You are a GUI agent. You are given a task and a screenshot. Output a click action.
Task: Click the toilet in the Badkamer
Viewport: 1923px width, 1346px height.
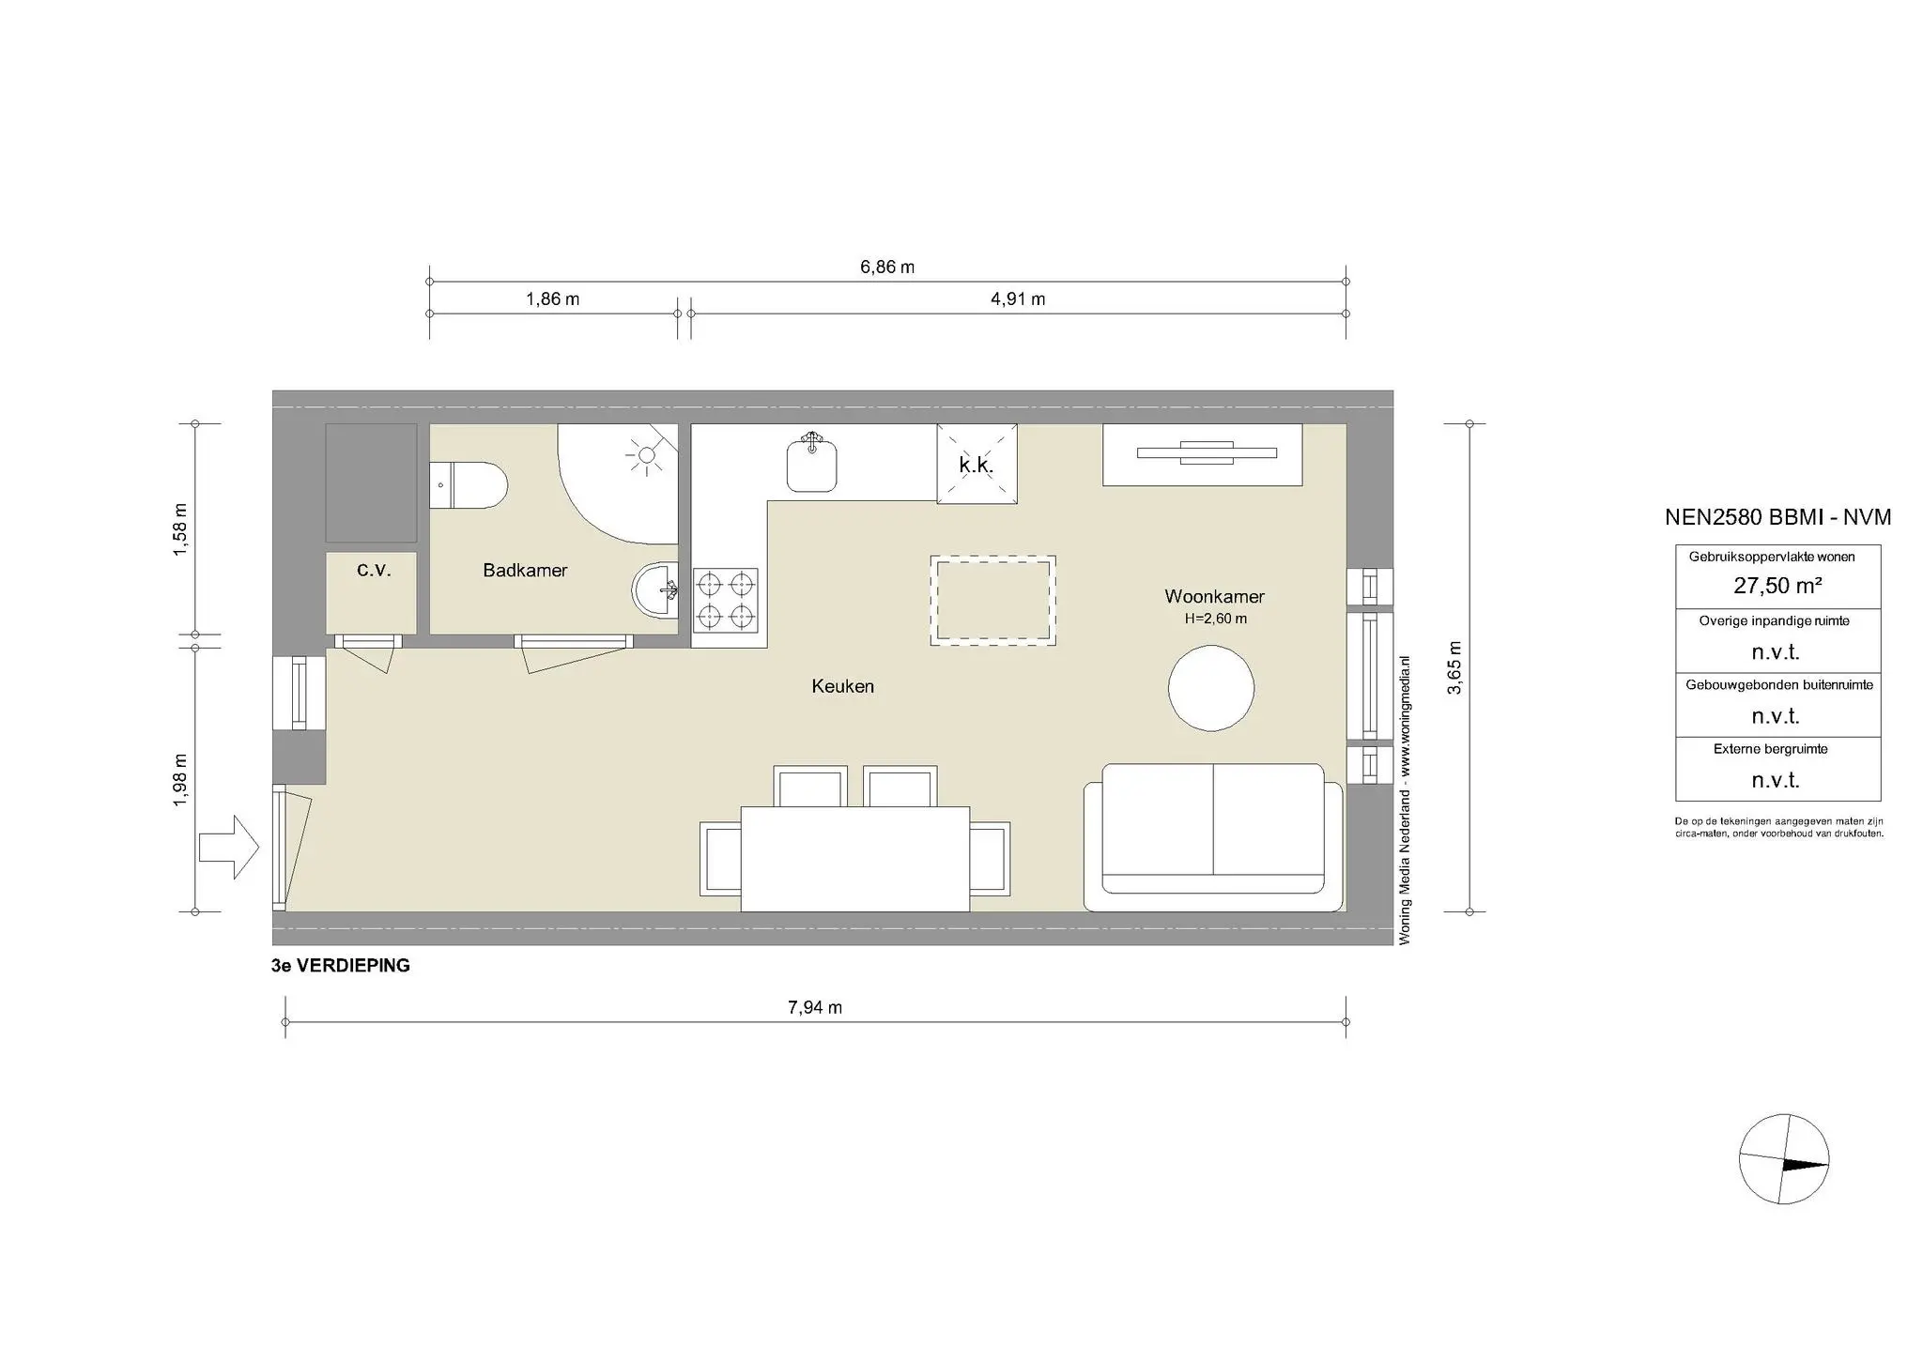pos(469,484)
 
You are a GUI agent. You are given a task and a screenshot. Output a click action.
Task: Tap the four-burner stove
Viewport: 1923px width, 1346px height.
pos(726,600)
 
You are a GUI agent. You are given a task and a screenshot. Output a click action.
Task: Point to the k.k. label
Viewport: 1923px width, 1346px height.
pos(977,465)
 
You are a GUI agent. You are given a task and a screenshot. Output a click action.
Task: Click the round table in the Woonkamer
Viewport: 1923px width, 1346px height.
pos(1211,688)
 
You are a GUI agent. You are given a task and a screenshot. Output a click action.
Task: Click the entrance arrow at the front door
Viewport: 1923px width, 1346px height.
pos(228,847)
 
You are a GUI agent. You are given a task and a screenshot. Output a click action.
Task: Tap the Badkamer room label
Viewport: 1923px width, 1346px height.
pos(525,570)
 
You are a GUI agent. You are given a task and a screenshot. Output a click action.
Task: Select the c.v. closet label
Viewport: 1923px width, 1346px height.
pos(374,570)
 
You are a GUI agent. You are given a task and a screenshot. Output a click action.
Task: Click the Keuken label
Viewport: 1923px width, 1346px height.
pos(842,686)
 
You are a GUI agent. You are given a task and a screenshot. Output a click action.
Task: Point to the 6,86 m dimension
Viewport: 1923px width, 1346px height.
pos(887,267)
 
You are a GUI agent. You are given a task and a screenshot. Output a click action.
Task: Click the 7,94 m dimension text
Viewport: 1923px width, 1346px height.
pos(814,1007)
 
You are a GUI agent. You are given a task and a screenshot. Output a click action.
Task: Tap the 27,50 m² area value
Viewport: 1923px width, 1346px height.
pos(1777,586)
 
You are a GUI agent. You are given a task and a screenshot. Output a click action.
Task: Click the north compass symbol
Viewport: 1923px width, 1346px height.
pos(1783,1159)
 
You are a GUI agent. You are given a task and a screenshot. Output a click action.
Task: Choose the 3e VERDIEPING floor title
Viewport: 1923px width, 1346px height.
pos(340,966)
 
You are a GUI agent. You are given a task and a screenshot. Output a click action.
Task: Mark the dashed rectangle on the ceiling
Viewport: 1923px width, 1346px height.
pos(992,600)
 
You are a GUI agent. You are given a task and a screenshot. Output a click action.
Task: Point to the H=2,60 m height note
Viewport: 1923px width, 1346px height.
pos(1215,619)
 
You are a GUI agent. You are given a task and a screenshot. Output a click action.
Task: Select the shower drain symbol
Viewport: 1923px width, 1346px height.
pos(645,456)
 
